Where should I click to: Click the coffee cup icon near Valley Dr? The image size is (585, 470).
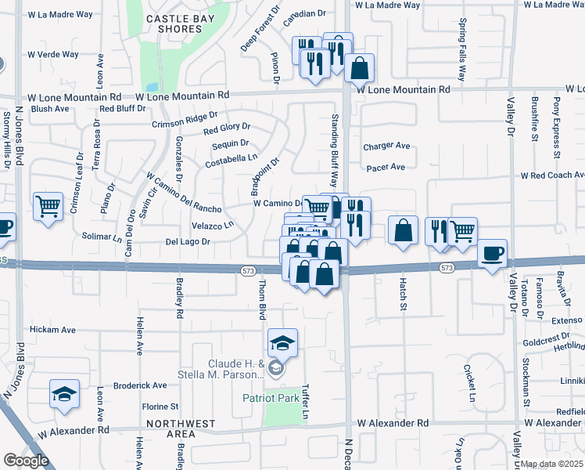[492, 254]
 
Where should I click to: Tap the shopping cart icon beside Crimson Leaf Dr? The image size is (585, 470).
[48, 207]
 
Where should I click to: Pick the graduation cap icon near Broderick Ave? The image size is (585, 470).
[64, 394]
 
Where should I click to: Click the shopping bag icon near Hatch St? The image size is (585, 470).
[404, 231]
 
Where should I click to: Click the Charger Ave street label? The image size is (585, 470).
[386, 146]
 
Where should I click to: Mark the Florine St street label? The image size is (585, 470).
[161, 407]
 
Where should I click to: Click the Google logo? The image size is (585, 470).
[26, 461]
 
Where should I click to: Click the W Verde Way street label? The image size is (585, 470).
[53, 55]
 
